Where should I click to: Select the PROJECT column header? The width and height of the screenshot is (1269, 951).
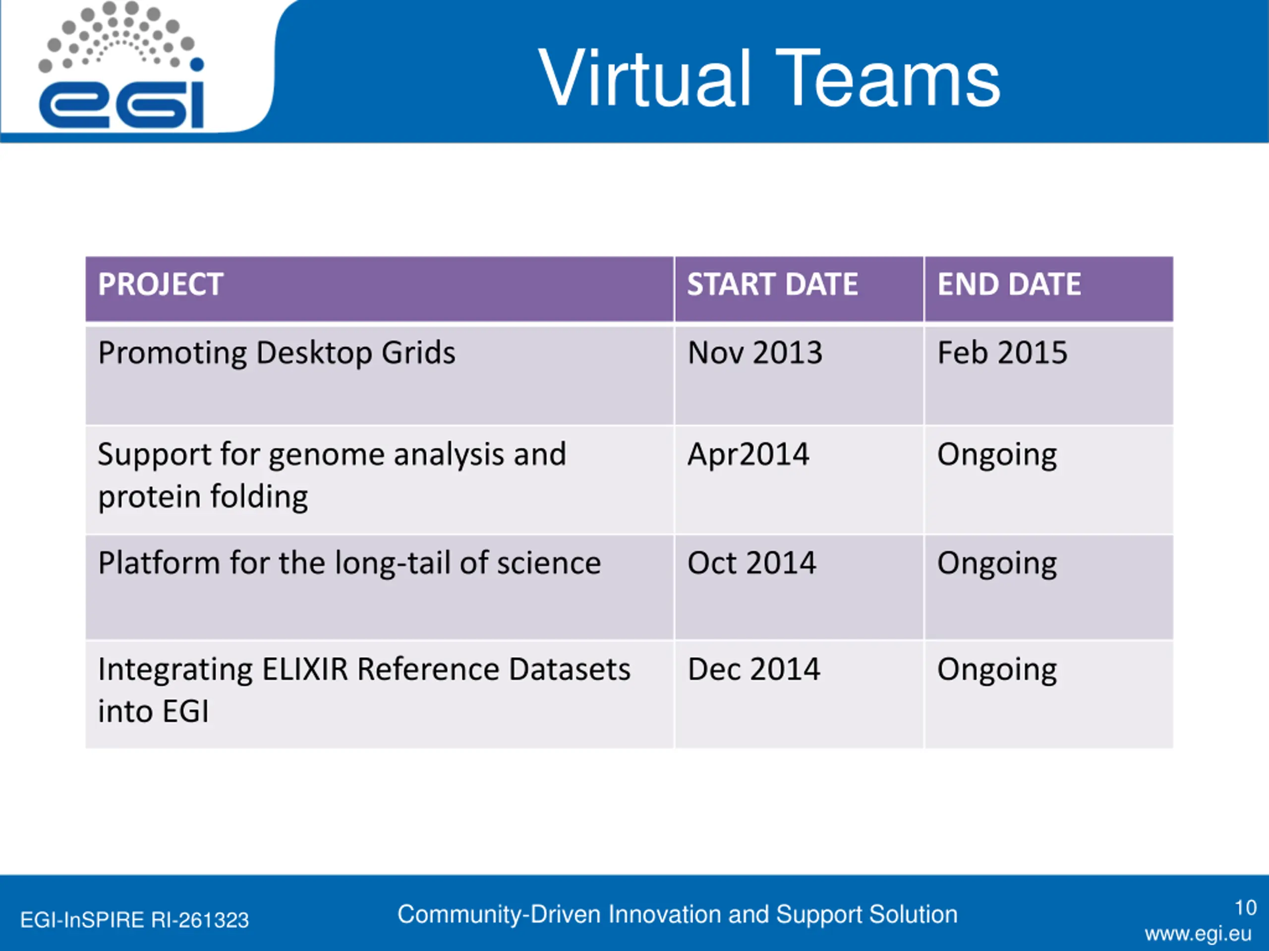pos(160,284)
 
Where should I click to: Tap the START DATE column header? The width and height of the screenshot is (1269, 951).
pos(772,284)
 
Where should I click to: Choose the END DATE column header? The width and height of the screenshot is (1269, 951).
pos(1009,284)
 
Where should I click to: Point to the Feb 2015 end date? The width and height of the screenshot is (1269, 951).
pos(1002,353)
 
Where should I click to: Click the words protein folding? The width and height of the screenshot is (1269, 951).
pos(203,497)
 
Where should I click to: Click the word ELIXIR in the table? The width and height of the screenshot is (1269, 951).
pos(305,669)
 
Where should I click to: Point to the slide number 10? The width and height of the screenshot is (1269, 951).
pos(1246,907)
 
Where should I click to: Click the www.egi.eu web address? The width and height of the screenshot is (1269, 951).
pos(1198,934)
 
